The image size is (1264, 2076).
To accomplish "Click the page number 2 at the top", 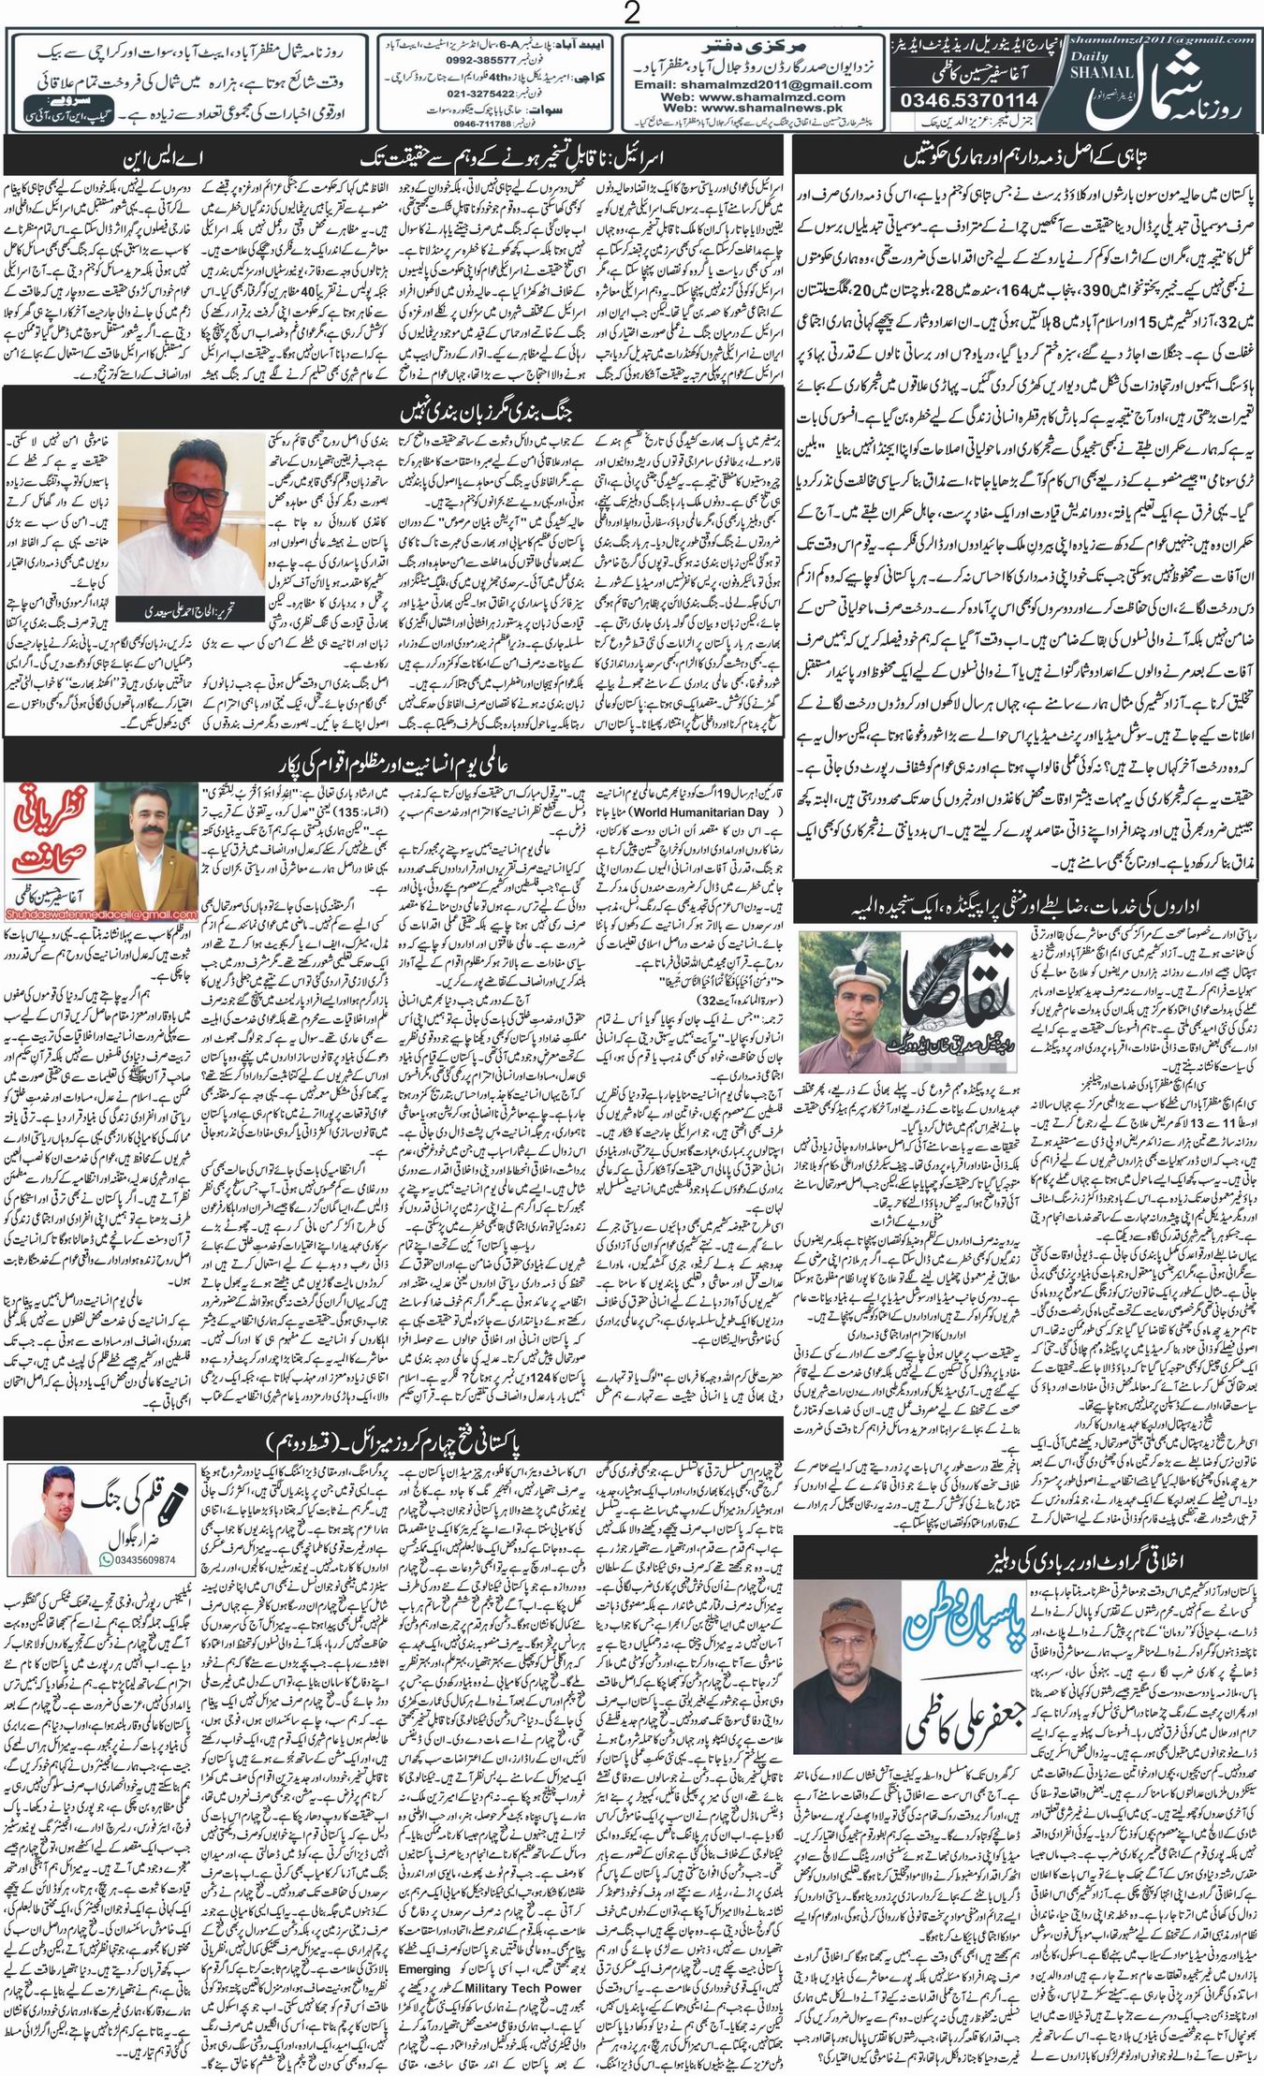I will coord(632,14).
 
